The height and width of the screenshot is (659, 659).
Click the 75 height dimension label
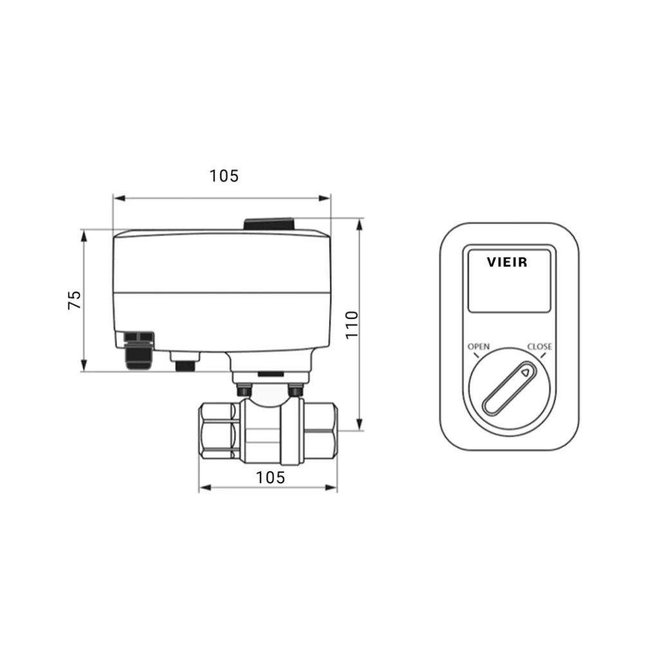coord(75,300)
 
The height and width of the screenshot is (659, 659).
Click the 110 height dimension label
coord(351,324)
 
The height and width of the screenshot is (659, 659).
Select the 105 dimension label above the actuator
coord(224,176)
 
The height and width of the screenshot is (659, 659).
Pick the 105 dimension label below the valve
coord(270,478)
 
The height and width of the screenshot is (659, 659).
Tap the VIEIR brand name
coord(507,263)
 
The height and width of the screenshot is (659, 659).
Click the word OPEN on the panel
coord(478,347)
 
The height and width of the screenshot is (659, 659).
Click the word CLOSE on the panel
coord(540,347)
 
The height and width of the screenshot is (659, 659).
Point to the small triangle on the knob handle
coord(525,373)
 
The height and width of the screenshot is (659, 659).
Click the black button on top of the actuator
coord(268,224)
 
